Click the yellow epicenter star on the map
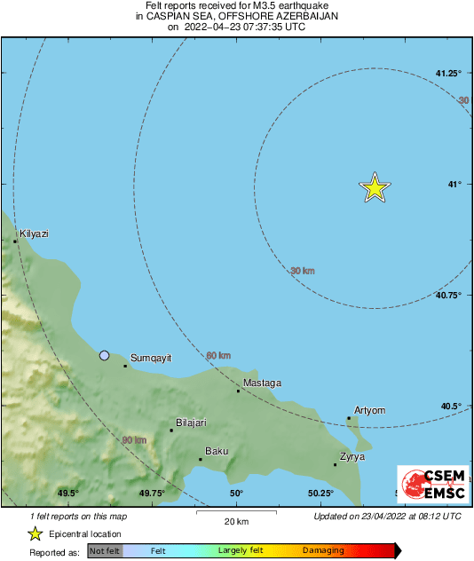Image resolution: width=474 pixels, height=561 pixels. pos(375,187)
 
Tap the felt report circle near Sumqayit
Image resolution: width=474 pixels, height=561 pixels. pos(104,355)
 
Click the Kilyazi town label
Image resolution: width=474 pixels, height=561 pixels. pos(34,233)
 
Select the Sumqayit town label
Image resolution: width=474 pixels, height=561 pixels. pos(150,358)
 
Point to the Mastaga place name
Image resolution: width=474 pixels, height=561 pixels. pos(263,383)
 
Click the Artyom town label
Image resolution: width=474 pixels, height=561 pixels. pos(369,410)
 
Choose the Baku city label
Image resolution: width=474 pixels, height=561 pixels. pos(217,452)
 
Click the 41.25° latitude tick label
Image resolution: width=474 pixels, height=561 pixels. pos(448,73)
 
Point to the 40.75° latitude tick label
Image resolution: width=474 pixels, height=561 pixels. pos(448,296)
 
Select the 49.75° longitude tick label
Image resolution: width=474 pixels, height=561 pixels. pos(152,494)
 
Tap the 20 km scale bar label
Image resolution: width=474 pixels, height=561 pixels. pos(236,521)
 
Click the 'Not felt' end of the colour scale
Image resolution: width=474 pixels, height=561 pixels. pos(106,551)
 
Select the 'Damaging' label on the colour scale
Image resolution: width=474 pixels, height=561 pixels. pos(323,551)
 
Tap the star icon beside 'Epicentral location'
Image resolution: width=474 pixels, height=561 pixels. pos(35,534)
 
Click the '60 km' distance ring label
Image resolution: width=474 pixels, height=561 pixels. pos(218,356)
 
